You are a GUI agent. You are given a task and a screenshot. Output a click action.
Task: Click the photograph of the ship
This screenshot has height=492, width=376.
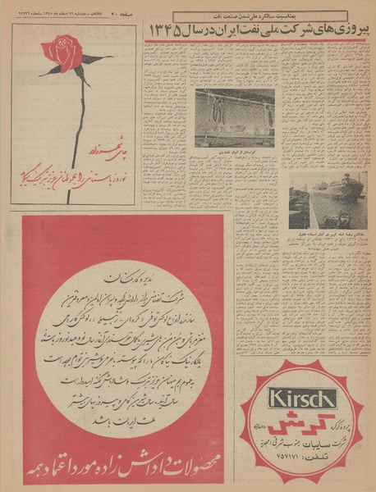point(319,198)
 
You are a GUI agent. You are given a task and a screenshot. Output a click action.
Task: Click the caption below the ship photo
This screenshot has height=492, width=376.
point(319,234)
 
